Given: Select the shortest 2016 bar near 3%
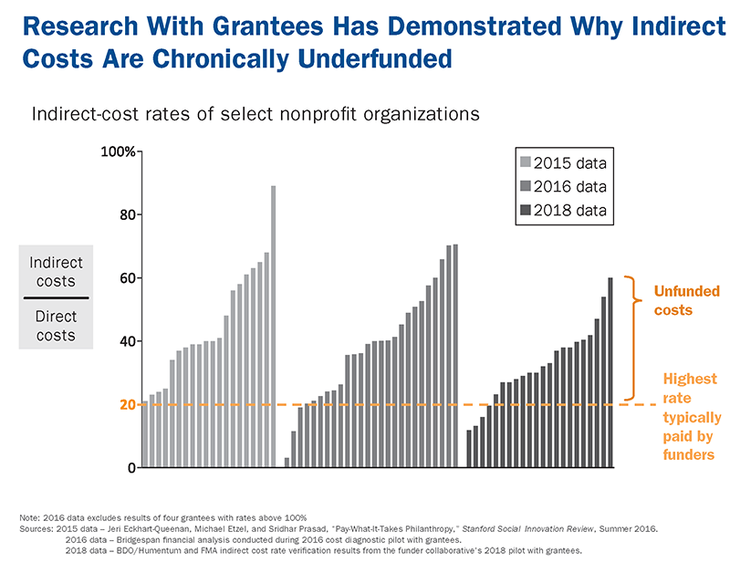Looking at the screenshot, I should [287, 463].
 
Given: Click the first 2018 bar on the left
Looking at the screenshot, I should [469, 449].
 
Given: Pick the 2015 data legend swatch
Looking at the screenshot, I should [525, 163].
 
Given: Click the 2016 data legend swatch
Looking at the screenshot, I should [525, 187].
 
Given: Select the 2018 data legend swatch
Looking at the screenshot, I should [525, 211].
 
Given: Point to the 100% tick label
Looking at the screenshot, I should [117, 151].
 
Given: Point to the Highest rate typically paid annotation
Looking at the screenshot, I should [689, 416].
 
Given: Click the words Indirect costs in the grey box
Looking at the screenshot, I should [56, 272].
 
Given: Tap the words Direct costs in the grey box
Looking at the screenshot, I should [56, 326].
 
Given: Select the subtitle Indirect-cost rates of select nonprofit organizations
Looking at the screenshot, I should [255, 115].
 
